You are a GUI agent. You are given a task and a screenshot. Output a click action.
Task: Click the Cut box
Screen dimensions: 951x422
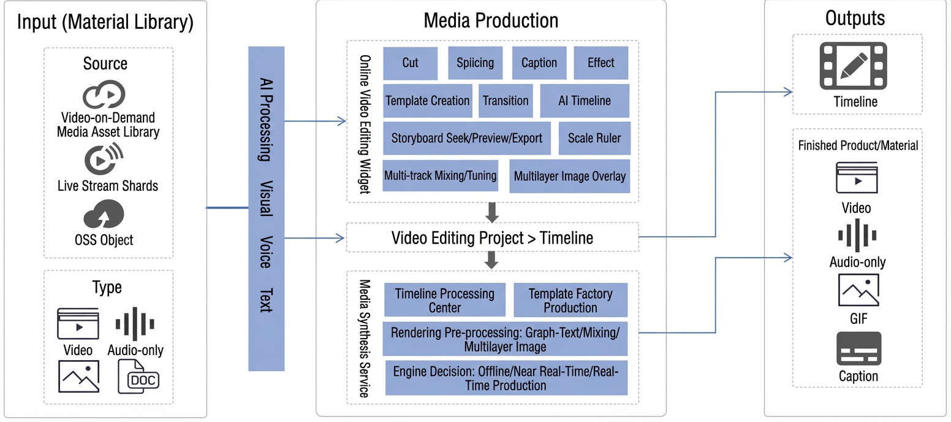(410, 63)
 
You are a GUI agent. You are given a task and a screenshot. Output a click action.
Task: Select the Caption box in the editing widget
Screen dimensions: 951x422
(539, 63)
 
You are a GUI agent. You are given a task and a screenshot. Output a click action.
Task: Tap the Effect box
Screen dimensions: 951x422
(601, 63)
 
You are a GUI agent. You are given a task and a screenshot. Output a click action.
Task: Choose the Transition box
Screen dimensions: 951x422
(506, 101)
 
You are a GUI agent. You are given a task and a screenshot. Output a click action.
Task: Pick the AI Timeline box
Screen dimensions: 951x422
(585, 101)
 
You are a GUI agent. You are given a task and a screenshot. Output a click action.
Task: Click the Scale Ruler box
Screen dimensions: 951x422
(594, 138)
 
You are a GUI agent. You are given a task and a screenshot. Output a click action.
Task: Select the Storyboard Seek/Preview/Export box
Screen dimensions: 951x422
(467, 138)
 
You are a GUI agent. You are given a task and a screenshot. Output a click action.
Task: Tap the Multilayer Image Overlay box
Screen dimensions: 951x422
(570, 176)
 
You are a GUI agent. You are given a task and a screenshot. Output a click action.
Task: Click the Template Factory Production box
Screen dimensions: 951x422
(570, 300)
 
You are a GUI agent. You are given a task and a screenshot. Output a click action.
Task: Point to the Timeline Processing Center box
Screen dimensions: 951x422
(445, 300)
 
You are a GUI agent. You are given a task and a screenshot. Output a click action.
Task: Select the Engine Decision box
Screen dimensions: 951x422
(506, 378)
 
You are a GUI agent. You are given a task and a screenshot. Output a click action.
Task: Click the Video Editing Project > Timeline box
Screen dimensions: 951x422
(493, 237)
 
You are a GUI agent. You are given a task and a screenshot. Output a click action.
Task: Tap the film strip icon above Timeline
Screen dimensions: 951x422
(854, 66)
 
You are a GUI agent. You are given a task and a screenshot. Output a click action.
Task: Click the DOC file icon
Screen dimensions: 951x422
(138, 377)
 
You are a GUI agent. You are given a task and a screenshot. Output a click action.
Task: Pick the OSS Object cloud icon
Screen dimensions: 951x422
(104, 214)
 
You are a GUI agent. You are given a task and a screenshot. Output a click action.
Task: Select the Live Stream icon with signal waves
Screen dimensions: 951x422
(103, 158)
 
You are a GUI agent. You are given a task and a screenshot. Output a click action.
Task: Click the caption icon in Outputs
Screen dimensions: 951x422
(859, 348)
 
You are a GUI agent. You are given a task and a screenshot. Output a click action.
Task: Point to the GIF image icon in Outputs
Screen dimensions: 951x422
(858, 290)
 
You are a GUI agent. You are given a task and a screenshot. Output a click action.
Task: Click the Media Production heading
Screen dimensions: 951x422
(491, 20)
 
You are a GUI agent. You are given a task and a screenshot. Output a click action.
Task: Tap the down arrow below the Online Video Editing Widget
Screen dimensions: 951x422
(492, 212)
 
